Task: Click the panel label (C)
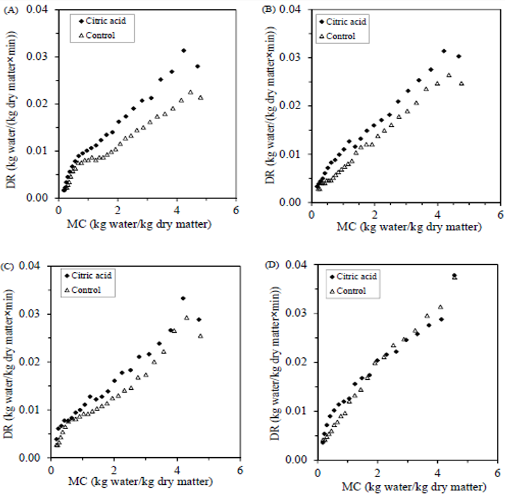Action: [x=9, y=266]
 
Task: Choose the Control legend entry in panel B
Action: [x=346, y=36]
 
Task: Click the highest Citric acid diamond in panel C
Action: [x=183, y=298]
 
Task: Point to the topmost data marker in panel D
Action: [x=454, y=275]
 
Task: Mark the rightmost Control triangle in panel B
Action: [x=461, y=84]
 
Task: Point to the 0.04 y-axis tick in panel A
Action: [x=42, y=9]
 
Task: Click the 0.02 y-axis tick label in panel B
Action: [x=297, y=106]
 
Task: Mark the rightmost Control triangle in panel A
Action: [x=200, y=98]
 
